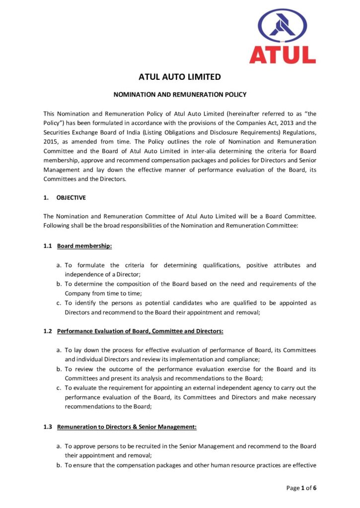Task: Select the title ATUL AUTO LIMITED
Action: pos(180,77)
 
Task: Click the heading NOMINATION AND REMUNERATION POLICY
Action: pos(180,94)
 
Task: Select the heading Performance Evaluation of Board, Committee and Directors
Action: pos(140,331)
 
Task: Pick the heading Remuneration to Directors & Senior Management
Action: pos(127,427)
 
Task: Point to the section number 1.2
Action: pos(48,331)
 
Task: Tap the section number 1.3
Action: pos(48,427)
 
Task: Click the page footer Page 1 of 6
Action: pos(301,488)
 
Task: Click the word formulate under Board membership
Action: pos(90,265)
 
